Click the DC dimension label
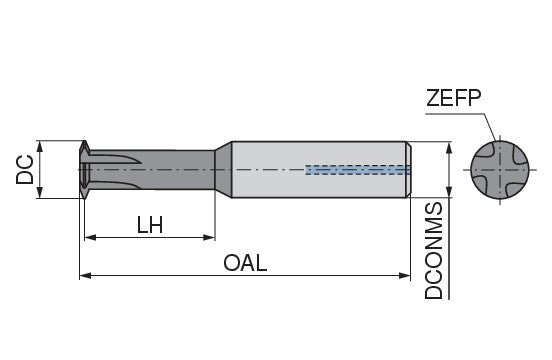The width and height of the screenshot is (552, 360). click(25, 170)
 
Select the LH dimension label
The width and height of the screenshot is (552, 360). click(150, 225)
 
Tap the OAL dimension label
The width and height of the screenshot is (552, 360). click(245, 263)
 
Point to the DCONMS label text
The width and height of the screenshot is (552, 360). click(433, 251)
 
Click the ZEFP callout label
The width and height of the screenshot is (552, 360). click(453, 97)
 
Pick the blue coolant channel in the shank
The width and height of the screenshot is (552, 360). click(358, 170)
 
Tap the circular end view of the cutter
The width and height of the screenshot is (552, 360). click(500, 170)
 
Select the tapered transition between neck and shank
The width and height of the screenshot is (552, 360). click(223, 170)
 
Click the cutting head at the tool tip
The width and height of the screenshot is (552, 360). click(84, 170)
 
